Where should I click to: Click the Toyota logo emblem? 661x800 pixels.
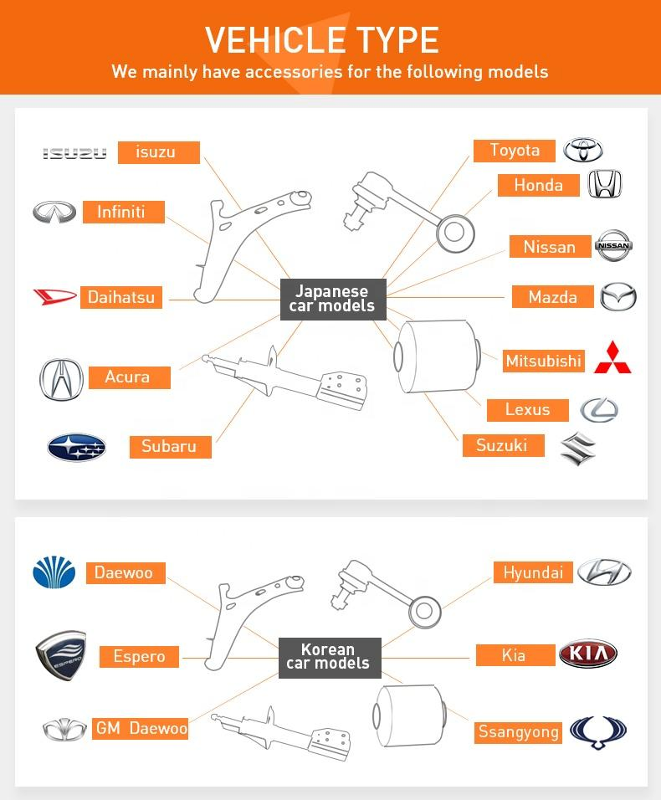tap(583, 151)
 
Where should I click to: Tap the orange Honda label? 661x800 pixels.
tap(538, 185)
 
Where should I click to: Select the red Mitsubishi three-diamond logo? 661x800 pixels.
tap(612, 357)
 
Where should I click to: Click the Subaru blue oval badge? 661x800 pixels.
tap(76, 448)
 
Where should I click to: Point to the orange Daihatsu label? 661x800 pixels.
tap(121, 297)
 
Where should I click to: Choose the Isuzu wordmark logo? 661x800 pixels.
tap(75, 153)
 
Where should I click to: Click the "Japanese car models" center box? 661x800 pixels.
tap(332, 299)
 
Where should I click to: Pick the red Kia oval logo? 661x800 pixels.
tap(587, 654)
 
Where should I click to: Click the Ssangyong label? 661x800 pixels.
tap(518, 732)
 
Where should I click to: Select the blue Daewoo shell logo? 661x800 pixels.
tap(54, 573)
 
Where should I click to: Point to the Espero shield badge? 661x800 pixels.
tap(62, 655)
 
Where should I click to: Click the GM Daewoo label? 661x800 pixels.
tap(141, 729)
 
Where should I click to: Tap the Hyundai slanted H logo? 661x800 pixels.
tap(603, 572)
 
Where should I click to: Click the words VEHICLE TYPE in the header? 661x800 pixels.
tap(322, 40)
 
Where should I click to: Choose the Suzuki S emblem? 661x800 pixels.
tap(578, 449)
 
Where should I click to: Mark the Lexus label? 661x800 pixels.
tap(527, 409)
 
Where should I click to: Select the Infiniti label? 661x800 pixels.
tap(121, 212)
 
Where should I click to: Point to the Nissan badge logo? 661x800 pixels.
tap(613, 246)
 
